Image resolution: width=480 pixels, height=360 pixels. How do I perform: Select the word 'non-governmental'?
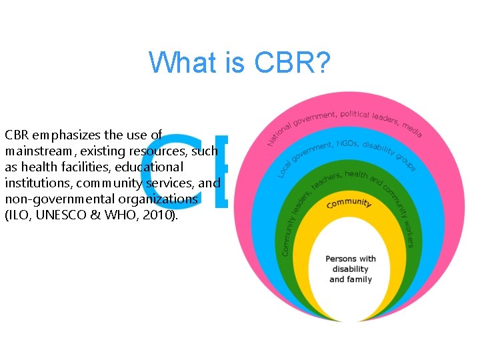tap(55, 199)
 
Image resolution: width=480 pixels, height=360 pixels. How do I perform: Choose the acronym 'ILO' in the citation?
tap(17, 215)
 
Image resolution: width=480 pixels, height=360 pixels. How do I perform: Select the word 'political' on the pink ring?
tap(361, 115)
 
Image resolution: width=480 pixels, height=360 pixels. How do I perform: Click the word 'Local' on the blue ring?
tap(286, 167)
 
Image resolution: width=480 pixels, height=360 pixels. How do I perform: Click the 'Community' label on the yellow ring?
tap(349, 203)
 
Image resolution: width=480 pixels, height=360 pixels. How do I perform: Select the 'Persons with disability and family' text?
tap(350, 269)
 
